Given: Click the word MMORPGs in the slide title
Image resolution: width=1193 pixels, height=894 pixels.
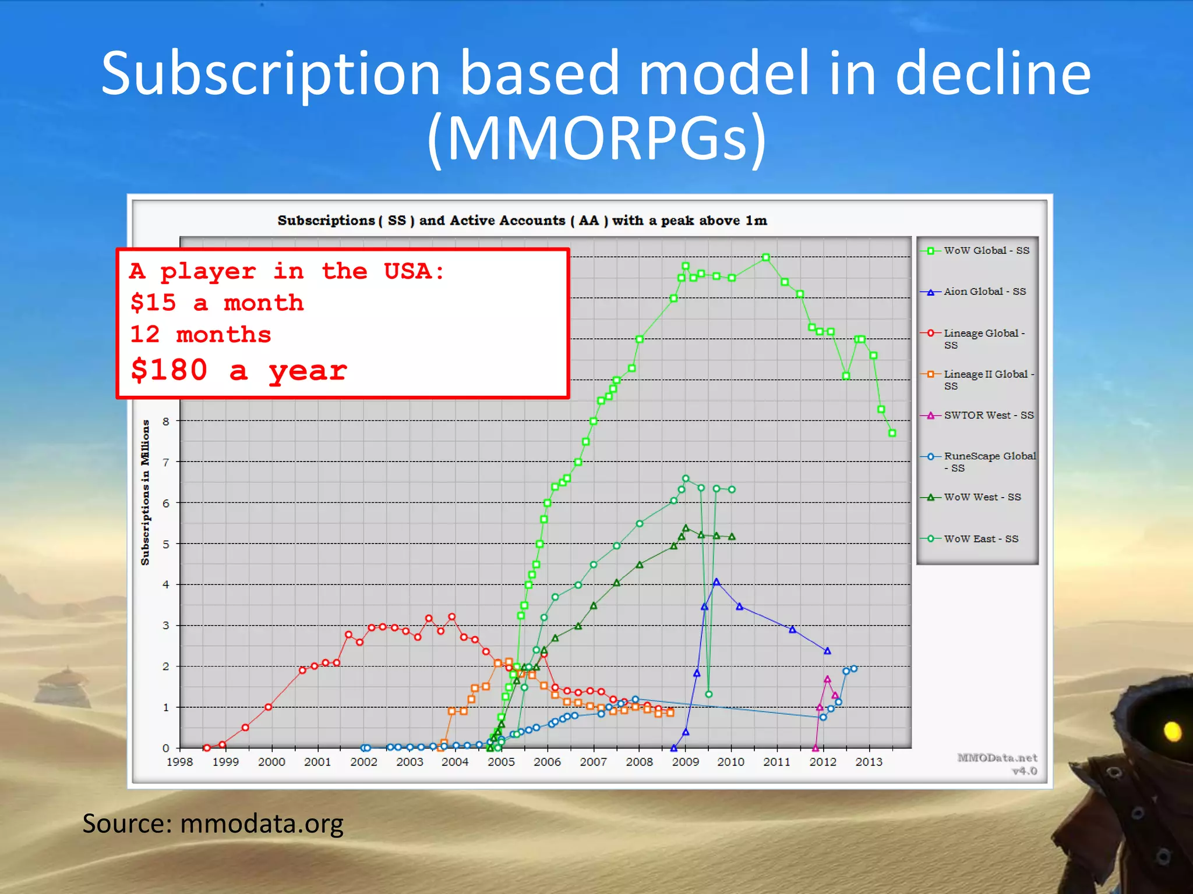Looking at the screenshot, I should click(x=596, y=139).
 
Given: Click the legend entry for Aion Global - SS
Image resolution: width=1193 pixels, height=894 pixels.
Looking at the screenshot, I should click(x=984, y=292).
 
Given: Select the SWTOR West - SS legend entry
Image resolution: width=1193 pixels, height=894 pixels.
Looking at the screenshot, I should click(x=988, y=416).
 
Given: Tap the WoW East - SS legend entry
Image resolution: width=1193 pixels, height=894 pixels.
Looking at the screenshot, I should click(x=981, y=539).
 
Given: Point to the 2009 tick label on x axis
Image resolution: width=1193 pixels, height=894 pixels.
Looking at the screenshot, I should click(x=685, y=762).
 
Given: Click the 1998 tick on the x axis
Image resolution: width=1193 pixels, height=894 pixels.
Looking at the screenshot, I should click(x=179, y=762).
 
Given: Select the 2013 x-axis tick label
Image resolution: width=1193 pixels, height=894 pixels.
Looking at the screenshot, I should click(x=869, y=762).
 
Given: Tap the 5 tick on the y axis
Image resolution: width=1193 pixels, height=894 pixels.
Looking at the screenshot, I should click(x=166, y=544).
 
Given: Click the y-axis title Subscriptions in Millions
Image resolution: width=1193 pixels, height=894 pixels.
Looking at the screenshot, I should click(x=145, y=492).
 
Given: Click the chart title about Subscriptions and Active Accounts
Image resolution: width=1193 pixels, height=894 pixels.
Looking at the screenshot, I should click(x=522, y=221).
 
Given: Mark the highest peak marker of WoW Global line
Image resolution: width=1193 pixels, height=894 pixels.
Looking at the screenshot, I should click(x=765, y=257).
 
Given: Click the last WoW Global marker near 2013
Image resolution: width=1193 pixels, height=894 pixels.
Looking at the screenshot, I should click(x=892, y=433).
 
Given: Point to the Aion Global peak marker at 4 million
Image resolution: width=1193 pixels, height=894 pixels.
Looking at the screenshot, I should click(x=716, y=581).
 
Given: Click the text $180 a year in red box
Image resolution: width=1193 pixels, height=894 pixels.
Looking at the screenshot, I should click(x=239, y=371).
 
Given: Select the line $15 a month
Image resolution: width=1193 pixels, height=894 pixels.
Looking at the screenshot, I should click(x=217, y=303).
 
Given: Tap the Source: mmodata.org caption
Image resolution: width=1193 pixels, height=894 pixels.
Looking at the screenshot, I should click(x=213, y=824).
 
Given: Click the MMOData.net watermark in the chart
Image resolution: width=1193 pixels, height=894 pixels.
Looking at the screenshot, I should click(x=997, y=758).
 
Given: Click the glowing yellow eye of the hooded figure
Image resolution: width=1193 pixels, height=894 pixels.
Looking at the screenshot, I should click(x=1172, y=730).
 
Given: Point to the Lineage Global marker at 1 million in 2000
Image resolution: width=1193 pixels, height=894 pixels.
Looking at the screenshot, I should click(x=268, y=707).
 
